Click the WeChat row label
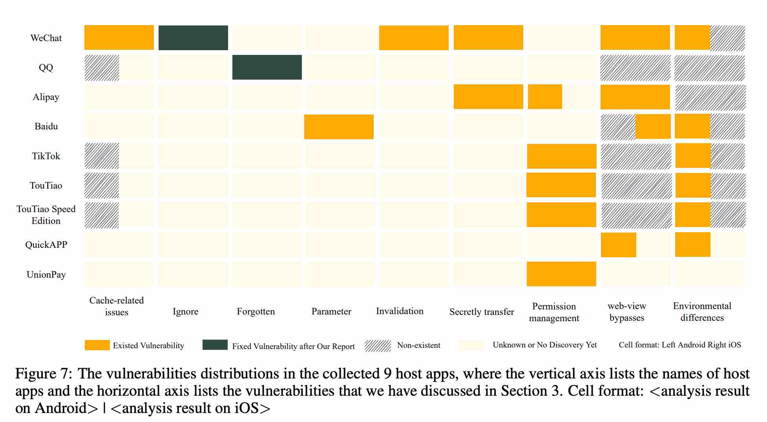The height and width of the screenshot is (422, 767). tap(46, 38)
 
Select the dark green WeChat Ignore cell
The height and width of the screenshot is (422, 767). tap(193, 38)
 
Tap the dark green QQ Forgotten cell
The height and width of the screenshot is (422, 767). tap(267, 67)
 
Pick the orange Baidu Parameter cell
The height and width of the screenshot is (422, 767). tap(339, 127)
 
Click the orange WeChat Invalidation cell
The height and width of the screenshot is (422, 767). tap(414, 38)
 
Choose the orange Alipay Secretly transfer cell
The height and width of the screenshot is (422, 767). tap(488, 96)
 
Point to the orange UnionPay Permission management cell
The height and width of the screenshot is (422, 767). tap(561, 274)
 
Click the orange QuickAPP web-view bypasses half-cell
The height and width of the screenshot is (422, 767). tap(618, 245)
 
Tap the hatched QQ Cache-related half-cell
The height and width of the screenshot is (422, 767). tap(102, 67)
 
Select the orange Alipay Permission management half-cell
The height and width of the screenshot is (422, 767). tap(545, 96)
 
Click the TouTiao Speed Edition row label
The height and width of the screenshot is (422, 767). tap(46, 215)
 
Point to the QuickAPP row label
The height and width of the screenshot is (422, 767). tap(46, 245)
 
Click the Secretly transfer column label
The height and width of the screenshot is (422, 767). tap(482, 312)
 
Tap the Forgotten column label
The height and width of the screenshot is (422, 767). tap(256, 311)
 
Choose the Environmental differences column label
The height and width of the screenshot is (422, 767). tap(702, 312)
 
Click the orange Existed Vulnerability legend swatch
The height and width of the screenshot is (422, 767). tap(97, 345)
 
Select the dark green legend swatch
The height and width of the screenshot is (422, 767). tap(215, 345)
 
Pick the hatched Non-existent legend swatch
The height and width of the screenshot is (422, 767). tap(378, 346)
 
